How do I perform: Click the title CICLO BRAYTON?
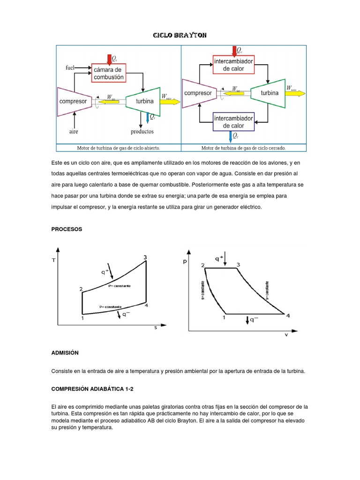click(x=180, y=36)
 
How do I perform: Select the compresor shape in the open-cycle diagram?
click(x=73, y=101)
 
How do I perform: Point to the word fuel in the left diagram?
click(x=70, y=67)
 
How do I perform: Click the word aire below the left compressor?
click(x=74, y=132)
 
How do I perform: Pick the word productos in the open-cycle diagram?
click(x=142, y=132)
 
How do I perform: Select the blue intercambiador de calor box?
click(x=233, y=121)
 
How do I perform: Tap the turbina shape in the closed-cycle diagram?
click(x=269, y=93)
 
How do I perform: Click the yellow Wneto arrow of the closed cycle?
click(x=295, y=93)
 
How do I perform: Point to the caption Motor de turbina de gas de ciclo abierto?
click(x=119, y=148)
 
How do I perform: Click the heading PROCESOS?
click(x=67, y=229)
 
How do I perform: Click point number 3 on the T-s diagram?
click(x=145, y=257)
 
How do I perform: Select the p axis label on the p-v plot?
click(x=185, y=262)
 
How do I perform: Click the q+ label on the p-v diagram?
click(x=219, y=258)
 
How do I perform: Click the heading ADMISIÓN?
click(x=65, y=352)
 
